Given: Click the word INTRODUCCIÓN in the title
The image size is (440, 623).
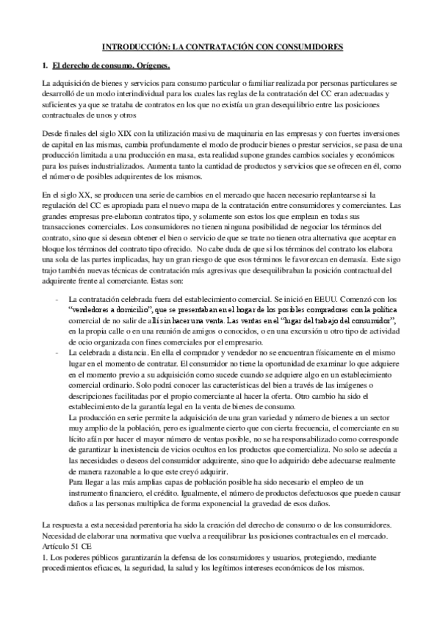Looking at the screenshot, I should [x=134, y=46].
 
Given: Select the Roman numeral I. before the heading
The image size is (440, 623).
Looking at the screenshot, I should [x=45, y=66].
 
